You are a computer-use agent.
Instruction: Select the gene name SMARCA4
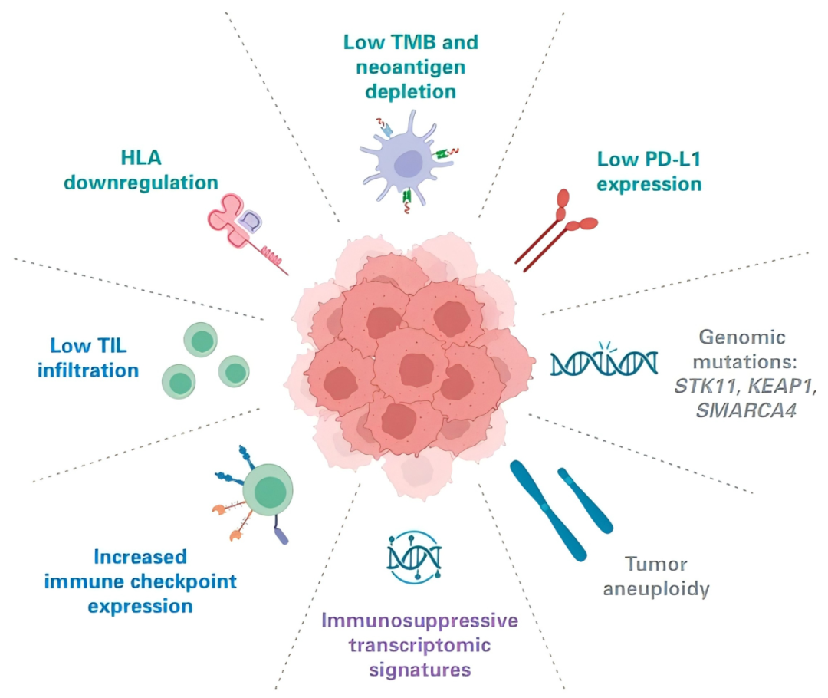pyautogui.click(x=746, y=410)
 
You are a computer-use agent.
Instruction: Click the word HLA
pyautogui.click(x=141, y=157)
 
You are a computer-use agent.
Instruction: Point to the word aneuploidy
pyautogui.click(x=656, y=589)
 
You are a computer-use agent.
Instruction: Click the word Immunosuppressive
pyautogui.click(x=420, y=620)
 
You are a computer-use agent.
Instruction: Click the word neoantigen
pyautogui.click(x=411, y=67)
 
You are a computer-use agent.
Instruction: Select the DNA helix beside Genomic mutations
pyautogui.click(x=604, y=361)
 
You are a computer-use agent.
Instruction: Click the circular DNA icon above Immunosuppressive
pyautogui.click(x=414, y=557)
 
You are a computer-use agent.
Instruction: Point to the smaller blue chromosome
pyautogui.click(x=585, y=500)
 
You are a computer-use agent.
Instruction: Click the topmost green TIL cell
pyautogui.click(x=201, y=340)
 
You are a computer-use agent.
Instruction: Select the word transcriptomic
pyautogui.click(x=420, y=645)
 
